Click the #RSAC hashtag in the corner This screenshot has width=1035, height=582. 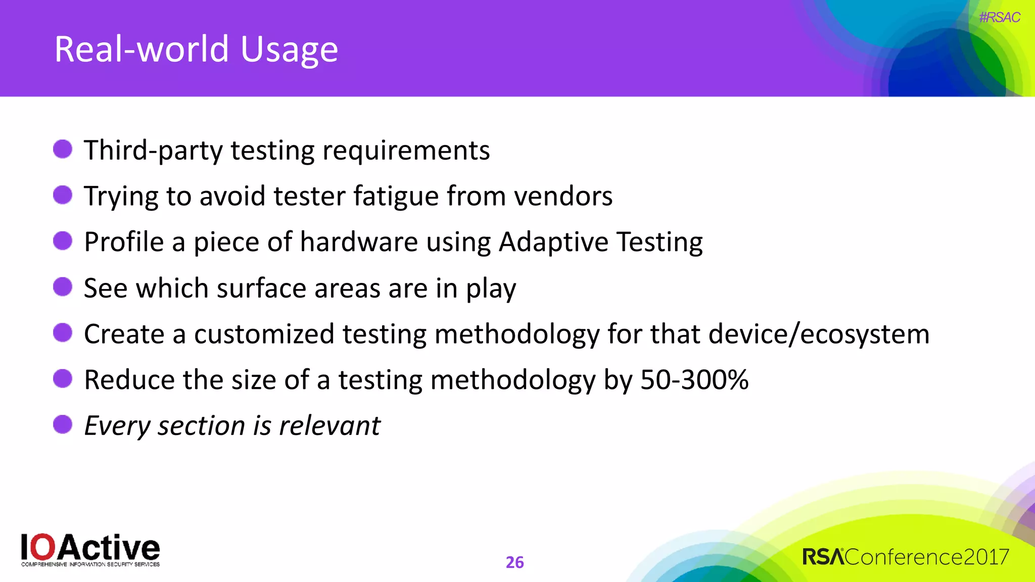[999, 18]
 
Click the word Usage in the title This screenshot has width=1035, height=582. [289, 50]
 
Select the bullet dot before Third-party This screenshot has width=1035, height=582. [63, 149]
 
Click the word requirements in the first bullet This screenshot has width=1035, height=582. [406, 151]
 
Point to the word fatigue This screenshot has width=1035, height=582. [396, 196]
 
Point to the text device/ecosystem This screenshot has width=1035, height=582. [819, 334]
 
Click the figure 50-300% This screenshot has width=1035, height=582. [694, 380]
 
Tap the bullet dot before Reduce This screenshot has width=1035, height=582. [63, 378]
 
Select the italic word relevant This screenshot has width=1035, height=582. [330, 425]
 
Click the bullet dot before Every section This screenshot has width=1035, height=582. [63, 424]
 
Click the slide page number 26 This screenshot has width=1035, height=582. [514, 562]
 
